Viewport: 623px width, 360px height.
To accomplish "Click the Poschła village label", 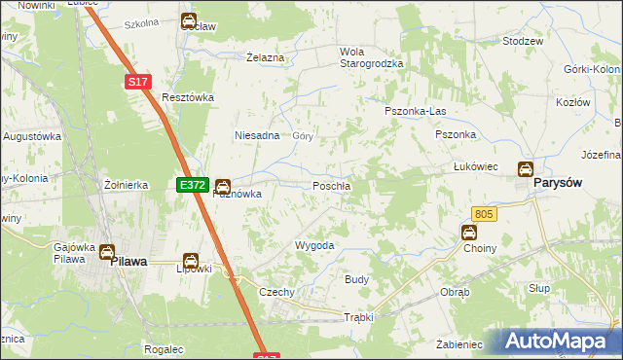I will coord(332,186).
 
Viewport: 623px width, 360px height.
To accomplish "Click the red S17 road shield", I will coord(137,84).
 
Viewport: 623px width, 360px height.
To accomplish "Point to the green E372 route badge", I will coord(190,184).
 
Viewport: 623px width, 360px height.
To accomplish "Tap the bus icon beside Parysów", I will coord(526,169).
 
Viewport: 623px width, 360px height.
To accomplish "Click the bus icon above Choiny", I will coord(468,233).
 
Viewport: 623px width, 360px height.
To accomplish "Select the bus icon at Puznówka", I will coord(223,185).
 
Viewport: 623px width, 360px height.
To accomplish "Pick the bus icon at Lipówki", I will coord(191,261).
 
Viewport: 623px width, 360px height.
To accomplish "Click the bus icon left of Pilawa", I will coord(105,253).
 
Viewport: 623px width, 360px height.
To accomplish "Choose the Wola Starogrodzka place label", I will coord(370,57).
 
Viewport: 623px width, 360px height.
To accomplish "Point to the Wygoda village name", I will coord(314,246).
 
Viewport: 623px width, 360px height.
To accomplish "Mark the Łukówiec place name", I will coord(476,167).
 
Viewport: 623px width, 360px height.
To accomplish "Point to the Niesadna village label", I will coord(258,136).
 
